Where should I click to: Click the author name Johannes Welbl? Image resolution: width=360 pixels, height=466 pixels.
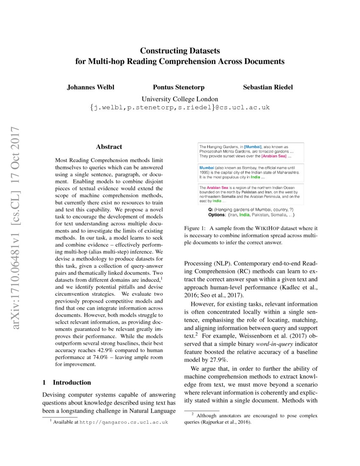tap(90, 87)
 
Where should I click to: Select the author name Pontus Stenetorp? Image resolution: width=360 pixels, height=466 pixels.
tap(179, 87)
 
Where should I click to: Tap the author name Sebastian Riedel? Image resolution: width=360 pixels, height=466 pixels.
tap(268, 87)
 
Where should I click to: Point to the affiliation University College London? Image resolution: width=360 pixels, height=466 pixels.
tap(180, 98)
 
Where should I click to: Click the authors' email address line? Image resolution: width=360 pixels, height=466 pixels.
tap(180, 108)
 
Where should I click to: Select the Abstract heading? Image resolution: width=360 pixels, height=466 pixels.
tap(109, 147)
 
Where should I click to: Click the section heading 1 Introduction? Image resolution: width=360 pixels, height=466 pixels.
tap(67, 383)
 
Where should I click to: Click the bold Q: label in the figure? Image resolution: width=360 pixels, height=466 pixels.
tap(210, 209)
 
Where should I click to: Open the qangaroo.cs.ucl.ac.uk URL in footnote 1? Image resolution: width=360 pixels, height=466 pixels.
tap(124, 422)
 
